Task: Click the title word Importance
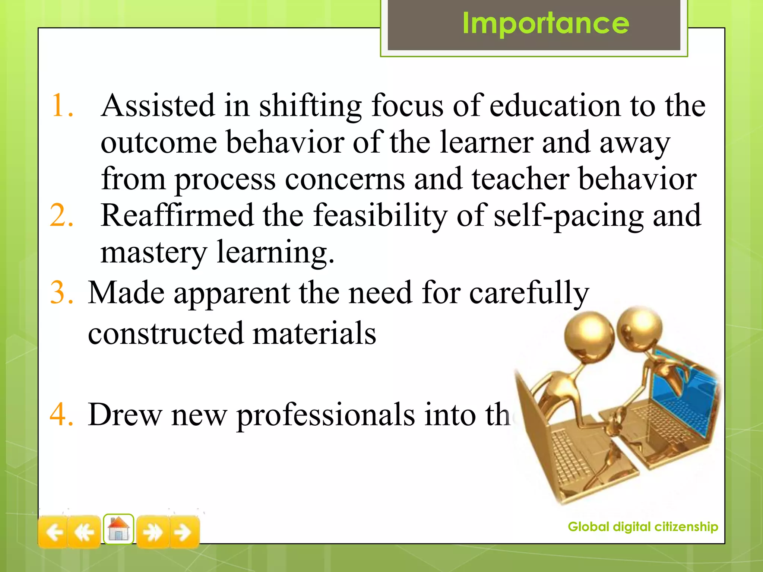point(545,23)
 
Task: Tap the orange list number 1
point(61,106)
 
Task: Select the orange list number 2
point(61,216)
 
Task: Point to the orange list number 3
point(61,293)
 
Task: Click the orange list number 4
point(61,414)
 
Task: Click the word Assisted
point(158,106)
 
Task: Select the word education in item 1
point(555,106)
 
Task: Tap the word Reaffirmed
point(177,216)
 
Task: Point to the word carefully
point(529,293)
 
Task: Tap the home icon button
point(118,529)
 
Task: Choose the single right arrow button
point(183,532)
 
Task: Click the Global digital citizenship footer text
point(643,527)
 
